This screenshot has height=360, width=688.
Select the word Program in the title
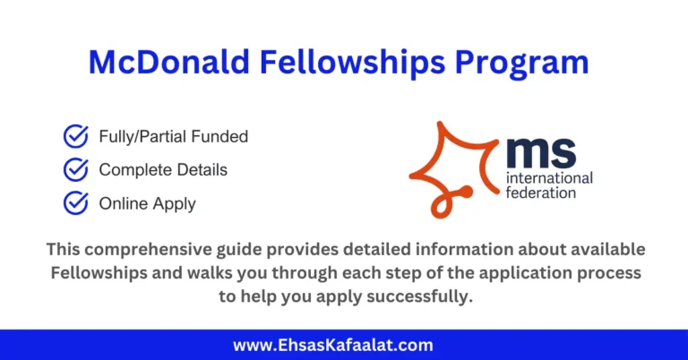click(523, 62)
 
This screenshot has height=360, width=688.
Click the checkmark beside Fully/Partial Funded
click(75, 136)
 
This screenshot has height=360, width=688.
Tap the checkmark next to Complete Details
click(75, 169)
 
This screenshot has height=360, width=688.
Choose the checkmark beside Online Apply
click(75, 203)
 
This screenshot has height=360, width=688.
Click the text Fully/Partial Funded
click(173, 137)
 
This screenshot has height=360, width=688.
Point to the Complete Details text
click(163, 170)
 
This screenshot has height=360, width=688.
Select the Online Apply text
click(147, 204)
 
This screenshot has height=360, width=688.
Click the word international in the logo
click(548, 178)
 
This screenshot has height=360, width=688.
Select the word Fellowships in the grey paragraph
click(96, 272)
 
